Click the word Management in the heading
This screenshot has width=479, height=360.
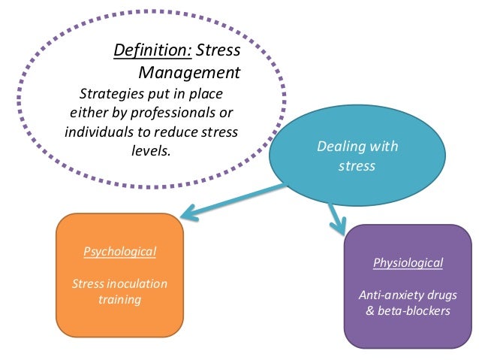click(x=189, y=73)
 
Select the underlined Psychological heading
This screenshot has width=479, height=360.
click(x=119, y=251)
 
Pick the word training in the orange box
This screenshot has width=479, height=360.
click(x=119, y=299)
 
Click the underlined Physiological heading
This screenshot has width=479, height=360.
click(x=408, y=262)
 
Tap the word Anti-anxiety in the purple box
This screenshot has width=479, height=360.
click(x=390, y=295)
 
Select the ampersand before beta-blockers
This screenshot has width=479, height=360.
click(x=369, y=310)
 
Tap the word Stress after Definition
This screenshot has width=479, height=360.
click(x=217, y=51)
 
